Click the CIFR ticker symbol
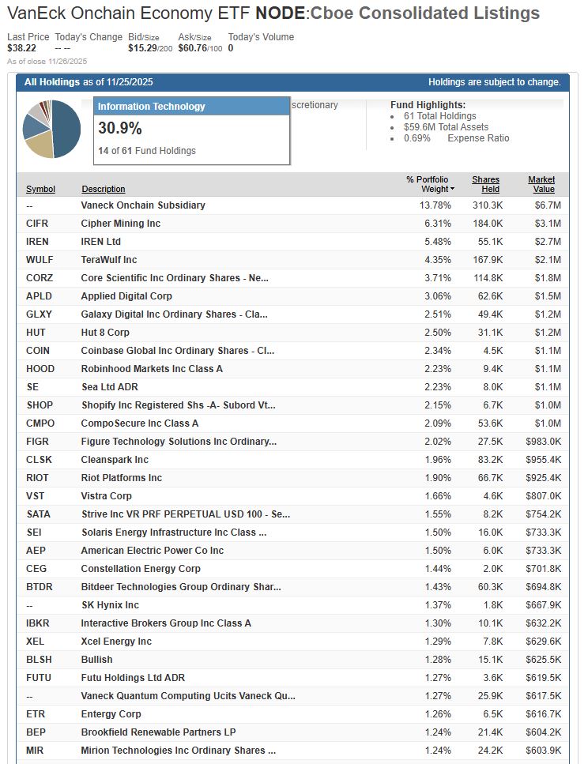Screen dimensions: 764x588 point(37,224)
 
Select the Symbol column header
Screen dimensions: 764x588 point(40,190)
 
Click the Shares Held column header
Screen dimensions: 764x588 point(485,184)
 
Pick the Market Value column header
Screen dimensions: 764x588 point(541,184)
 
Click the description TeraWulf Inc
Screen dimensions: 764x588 point(109,260)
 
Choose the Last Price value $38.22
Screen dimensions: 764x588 point(22,48)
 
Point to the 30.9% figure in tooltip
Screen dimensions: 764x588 point(120,127)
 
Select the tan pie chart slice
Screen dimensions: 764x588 point(40,145)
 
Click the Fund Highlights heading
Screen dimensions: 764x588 point(428,105)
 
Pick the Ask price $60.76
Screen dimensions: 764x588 point(192,48)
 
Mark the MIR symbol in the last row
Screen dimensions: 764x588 point(35,751)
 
